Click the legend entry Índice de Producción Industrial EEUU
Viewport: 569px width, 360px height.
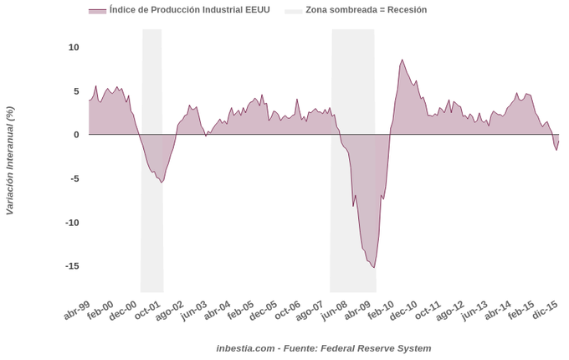(189, 10)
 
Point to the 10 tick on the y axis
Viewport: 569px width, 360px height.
(74, 47)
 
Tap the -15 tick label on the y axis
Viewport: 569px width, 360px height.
(71, 266)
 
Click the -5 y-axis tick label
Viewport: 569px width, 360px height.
(74, 178)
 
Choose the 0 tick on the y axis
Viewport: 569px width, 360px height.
(76, 135)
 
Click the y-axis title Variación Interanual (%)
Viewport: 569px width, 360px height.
(10, 161)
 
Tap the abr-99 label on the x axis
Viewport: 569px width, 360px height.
(77, 311)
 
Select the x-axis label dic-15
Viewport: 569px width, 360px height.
(546, 311)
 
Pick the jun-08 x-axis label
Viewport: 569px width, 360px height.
(335, 311)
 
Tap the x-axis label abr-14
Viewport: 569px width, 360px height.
(499, 311)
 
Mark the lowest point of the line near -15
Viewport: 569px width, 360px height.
(374, 267)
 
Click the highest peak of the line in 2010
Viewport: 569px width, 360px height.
(402, 59)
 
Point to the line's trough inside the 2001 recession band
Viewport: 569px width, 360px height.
(161, 182)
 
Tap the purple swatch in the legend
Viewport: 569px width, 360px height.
(97, 11)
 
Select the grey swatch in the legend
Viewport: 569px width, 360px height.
(294, 11)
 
